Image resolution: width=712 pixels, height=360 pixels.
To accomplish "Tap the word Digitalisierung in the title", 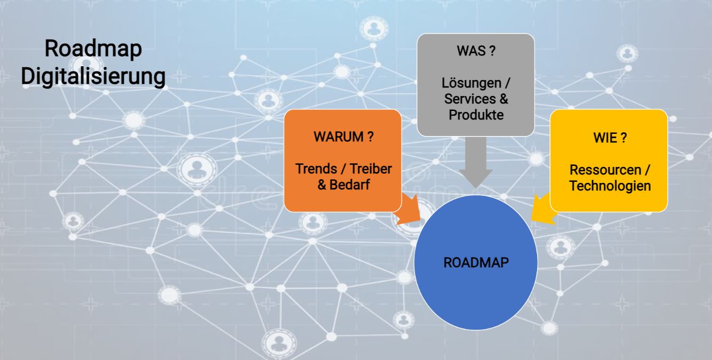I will pos(93,76).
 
